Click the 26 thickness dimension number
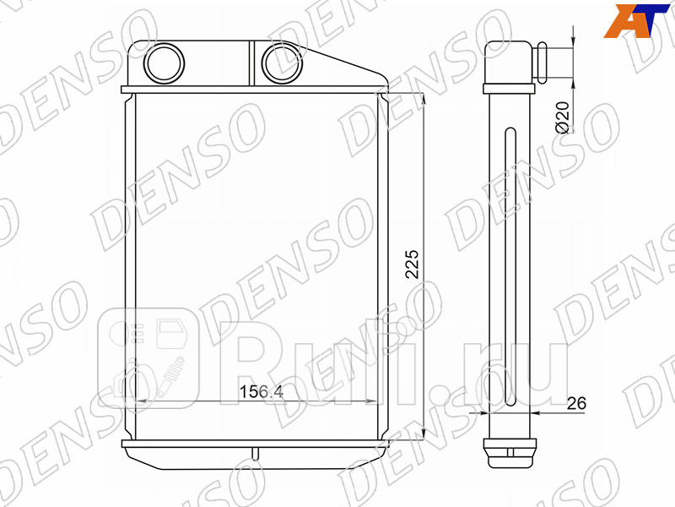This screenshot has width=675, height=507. click(x=575, y=404)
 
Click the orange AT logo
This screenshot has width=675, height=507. click(x=637, y=20)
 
